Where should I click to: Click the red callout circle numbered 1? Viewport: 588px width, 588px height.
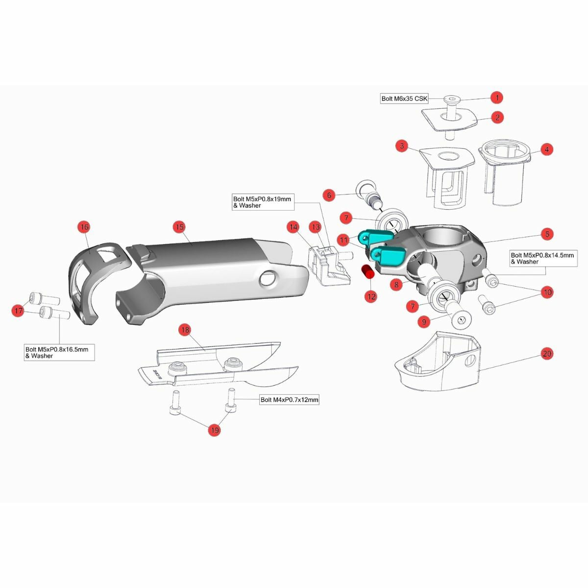tap(497, 98)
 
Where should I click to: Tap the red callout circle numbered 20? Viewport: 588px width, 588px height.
tap(547, 354)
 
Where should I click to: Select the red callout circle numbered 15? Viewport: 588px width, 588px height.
tap(180, 227)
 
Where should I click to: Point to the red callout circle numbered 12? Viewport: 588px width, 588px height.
tap(371, 296)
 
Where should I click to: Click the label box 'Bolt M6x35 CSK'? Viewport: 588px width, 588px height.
tap(404, 99)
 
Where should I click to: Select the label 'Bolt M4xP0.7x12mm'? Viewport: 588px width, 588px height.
tap(289, 399)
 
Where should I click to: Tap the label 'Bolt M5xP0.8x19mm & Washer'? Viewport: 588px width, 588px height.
tap(263, 202)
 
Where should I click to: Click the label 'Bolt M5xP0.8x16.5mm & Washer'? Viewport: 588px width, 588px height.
tap(59, 352)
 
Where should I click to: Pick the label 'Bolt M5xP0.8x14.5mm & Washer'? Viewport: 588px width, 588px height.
tap(543, 258)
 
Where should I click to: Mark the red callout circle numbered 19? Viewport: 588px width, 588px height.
tap(214, 430)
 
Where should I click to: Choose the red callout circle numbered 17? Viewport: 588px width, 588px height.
tap(18, 311)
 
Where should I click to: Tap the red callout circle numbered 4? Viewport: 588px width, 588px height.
tap(547, 149)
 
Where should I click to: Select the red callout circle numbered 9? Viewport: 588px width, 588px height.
tap(424, 321)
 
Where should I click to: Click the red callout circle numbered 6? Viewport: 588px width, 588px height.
tap(329, 196)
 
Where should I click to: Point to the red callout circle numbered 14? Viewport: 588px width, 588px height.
tap(293, 227)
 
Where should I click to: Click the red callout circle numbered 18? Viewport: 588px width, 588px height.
tap(185, 330)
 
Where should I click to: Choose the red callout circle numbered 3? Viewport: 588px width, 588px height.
tap(402, 146)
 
